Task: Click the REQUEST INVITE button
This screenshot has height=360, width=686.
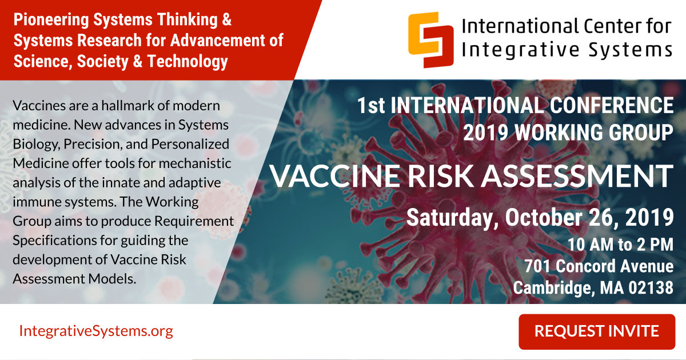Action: pyautogui.click(x=597, y=331)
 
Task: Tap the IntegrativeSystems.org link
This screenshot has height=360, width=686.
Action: pyautogui.click(x=96, y=331)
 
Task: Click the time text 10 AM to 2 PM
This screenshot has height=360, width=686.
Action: pyautogui.click(x=620, y=245)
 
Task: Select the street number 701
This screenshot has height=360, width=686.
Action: pyautogui.click(x=538, y=266)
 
